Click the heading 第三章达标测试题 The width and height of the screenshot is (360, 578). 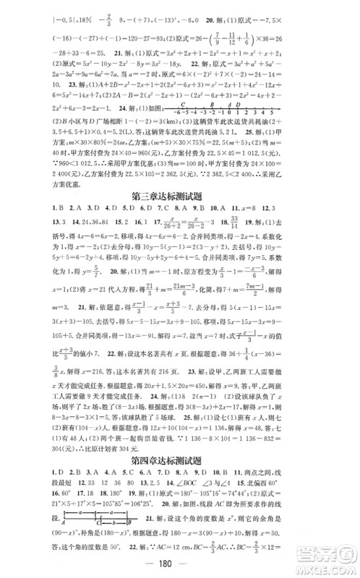[x=181, y=213]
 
